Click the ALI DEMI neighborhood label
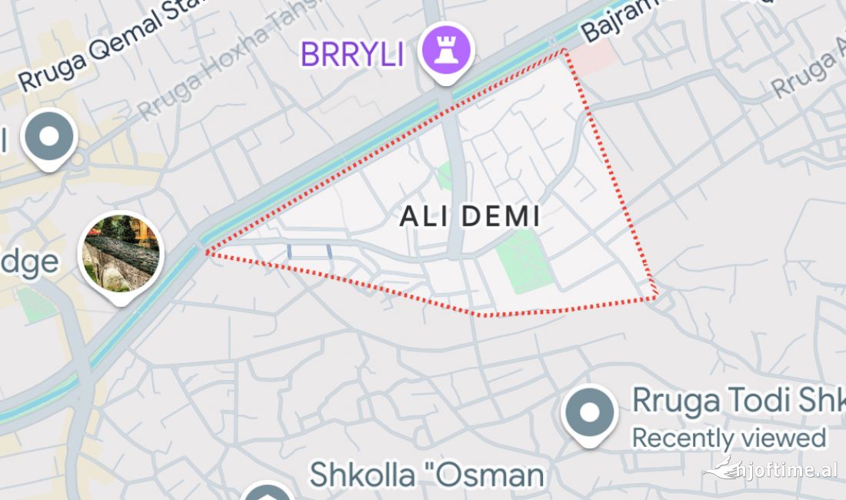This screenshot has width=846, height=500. click(470, 217)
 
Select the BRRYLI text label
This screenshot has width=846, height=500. click(351, 54)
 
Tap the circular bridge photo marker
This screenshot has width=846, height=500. click(121, 254)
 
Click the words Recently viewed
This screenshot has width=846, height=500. click(728, 438)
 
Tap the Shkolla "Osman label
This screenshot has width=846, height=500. click(426, 475)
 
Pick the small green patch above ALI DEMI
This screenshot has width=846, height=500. click(445, 176)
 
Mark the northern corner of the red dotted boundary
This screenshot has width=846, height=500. click(565, 51)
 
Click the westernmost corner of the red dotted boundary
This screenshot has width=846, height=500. click(205, 251)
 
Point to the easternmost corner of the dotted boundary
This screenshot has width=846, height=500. click(655, 297)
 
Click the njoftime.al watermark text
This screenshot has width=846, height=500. click(784, 469)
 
